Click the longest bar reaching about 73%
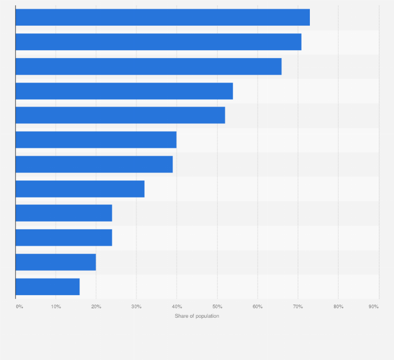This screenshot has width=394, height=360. [163, 17]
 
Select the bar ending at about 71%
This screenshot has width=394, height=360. [158, 42]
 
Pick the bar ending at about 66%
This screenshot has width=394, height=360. [148, 66]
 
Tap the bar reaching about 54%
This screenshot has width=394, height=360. [124, 91]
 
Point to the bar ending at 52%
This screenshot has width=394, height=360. [120, 115]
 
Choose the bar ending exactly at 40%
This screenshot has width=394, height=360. [96, 140]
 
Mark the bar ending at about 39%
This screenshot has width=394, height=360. [94, 164]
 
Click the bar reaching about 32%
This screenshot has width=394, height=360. [80, 189]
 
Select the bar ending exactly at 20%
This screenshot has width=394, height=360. [55, 262]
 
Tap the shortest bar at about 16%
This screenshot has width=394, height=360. [48, 286]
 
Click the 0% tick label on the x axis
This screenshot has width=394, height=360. [19, 306]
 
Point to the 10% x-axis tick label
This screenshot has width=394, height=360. [56, 306]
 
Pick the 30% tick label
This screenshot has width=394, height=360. [136, 306]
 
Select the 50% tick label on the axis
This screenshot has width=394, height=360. [217, 306]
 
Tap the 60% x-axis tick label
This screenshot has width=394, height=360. [257, 306]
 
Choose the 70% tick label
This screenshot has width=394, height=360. [298, 306]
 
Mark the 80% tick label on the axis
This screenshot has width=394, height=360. [338, 306]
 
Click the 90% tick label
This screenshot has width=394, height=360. [374, 306]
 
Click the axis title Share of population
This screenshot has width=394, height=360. [197, 316]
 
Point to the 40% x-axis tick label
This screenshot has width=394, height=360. [177, 306]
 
